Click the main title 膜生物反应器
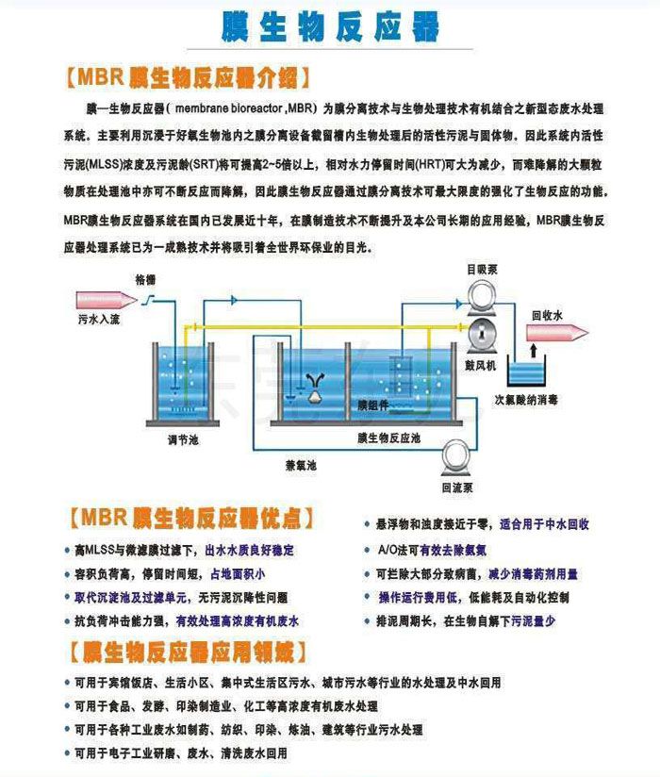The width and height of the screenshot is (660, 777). (x=329, y=25)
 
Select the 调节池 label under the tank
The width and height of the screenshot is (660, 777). (x=184, y=438)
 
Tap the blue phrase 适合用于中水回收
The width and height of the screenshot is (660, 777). (x=544, y=524)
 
